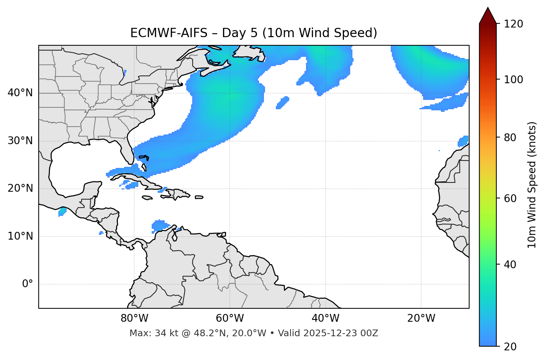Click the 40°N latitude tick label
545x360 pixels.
20,93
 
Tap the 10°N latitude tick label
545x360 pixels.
20,236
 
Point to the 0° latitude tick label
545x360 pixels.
27,284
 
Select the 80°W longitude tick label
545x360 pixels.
134,318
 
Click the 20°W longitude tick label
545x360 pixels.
421,318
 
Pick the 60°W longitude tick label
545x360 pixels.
230,318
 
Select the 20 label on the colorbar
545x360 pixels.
510,346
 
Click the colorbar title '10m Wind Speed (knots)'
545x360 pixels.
532,185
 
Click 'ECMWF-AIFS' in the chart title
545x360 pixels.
168,33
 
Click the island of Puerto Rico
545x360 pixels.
199,197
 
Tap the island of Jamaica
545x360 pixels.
147,198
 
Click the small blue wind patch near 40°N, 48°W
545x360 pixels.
283,103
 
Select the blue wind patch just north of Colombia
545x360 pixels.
160,225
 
